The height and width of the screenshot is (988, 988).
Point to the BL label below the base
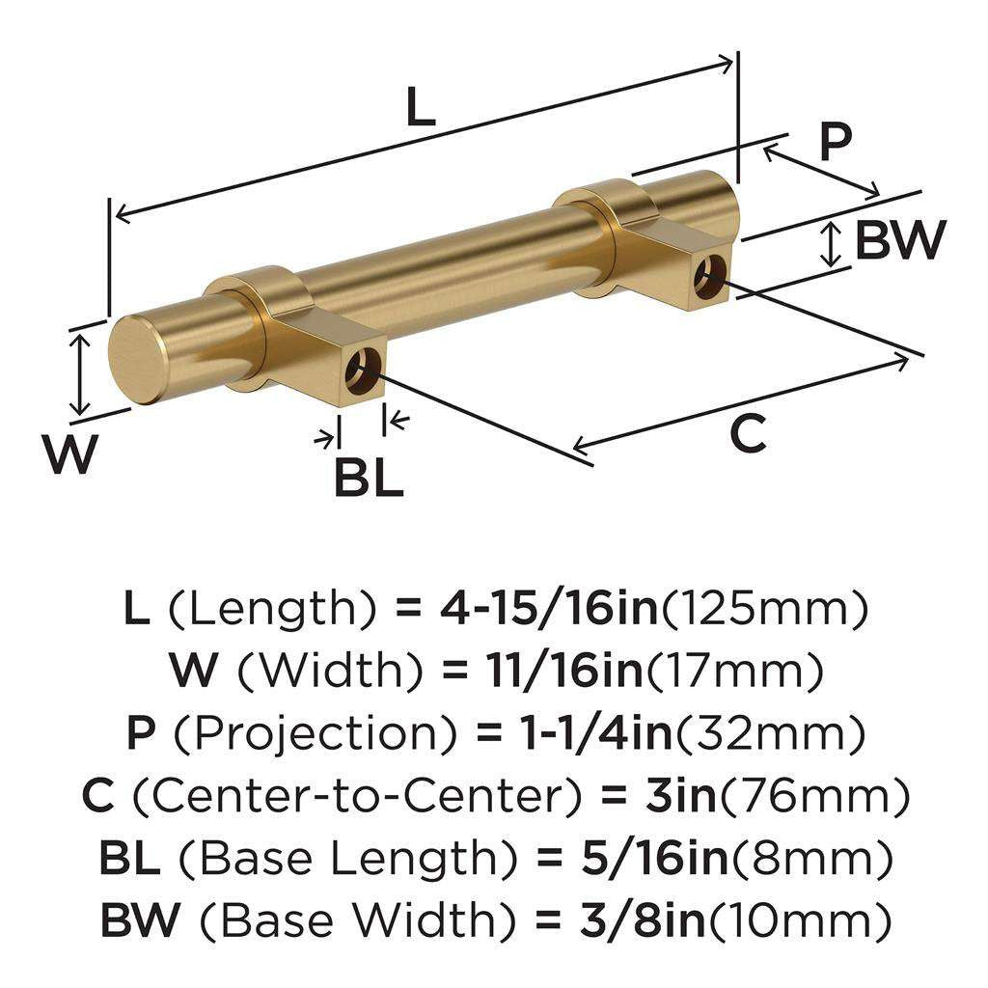tap(368, 478)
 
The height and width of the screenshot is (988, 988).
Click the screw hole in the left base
tap(365, 370)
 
